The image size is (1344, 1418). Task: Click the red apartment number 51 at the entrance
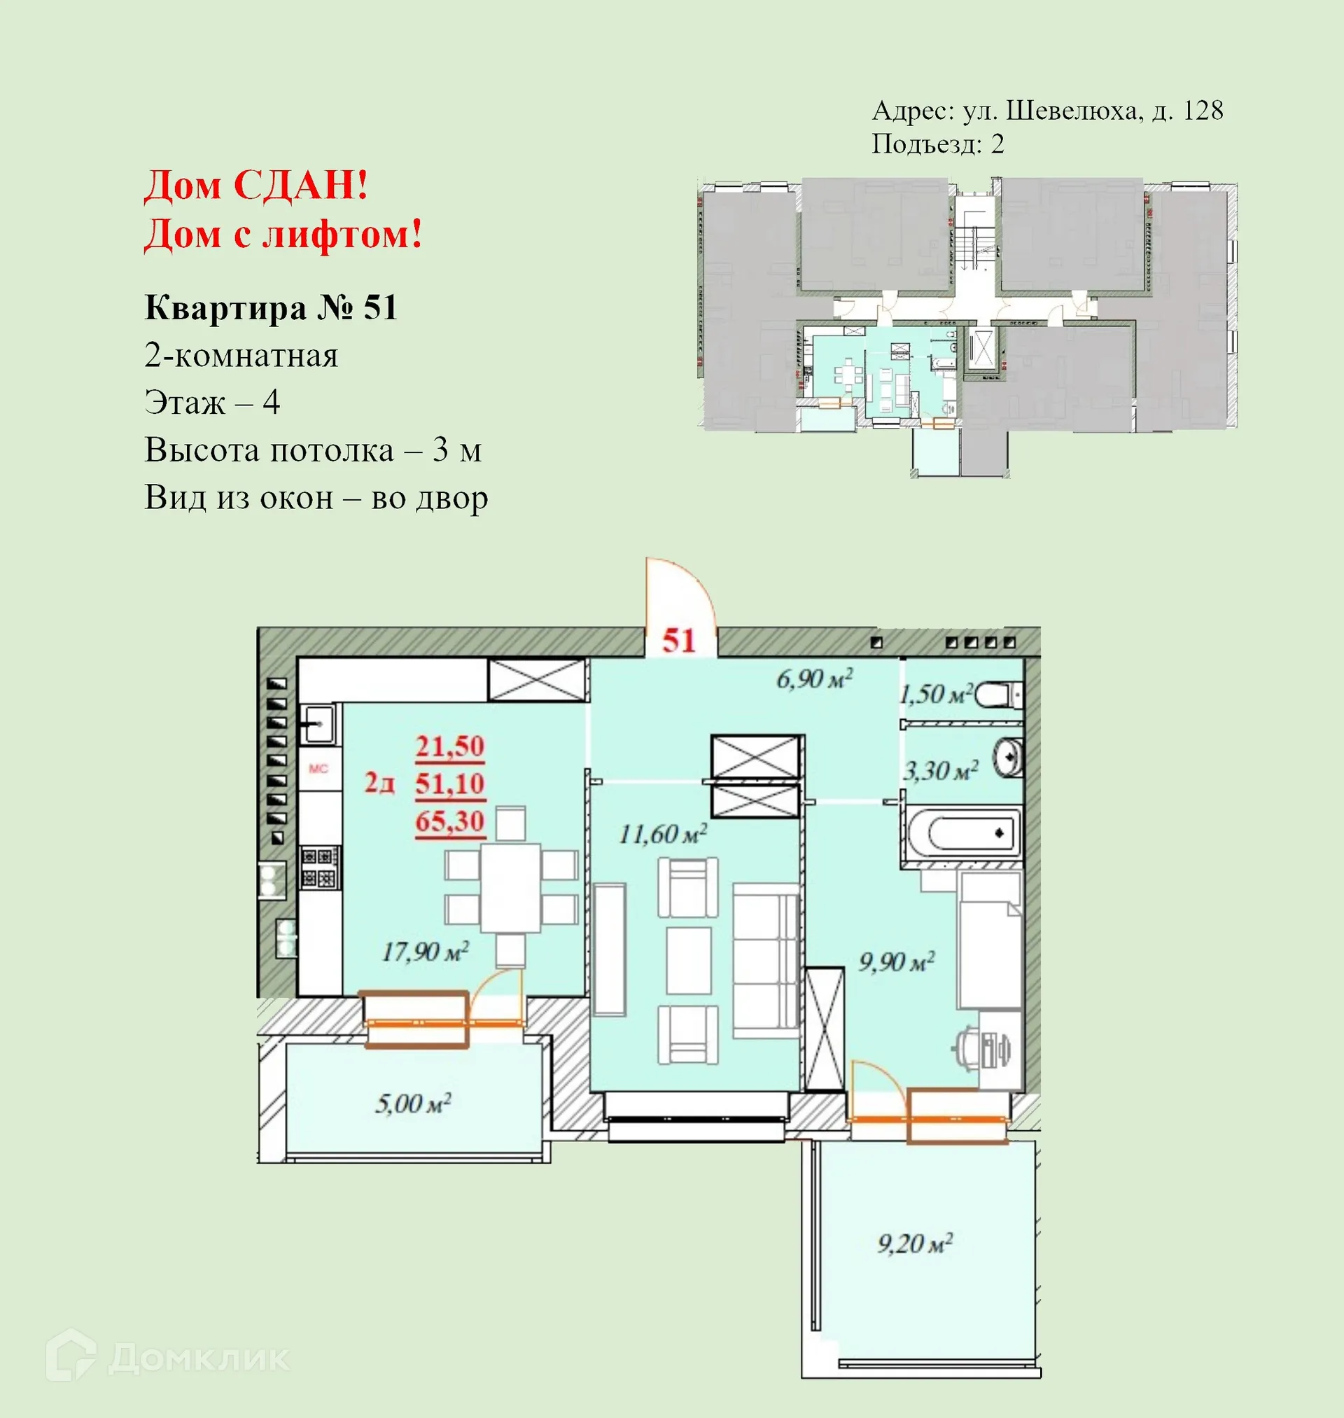678,641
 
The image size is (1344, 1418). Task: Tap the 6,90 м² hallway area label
815,679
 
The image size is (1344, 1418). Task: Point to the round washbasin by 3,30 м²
1008,757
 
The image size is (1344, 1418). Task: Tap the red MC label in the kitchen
318,769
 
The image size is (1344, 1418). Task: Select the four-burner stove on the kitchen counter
319,867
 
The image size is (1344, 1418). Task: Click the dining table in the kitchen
510,888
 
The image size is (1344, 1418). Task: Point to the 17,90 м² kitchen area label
425,952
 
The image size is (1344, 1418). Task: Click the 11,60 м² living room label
663,834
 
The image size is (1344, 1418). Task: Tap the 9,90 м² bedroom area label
896,961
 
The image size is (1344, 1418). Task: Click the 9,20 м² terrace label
915,1243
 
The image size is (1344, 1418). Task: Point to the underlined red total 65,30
450,821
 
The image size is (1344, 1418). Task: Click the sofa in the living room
765,960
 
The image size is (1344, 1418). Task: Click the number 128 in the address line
1203,111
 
